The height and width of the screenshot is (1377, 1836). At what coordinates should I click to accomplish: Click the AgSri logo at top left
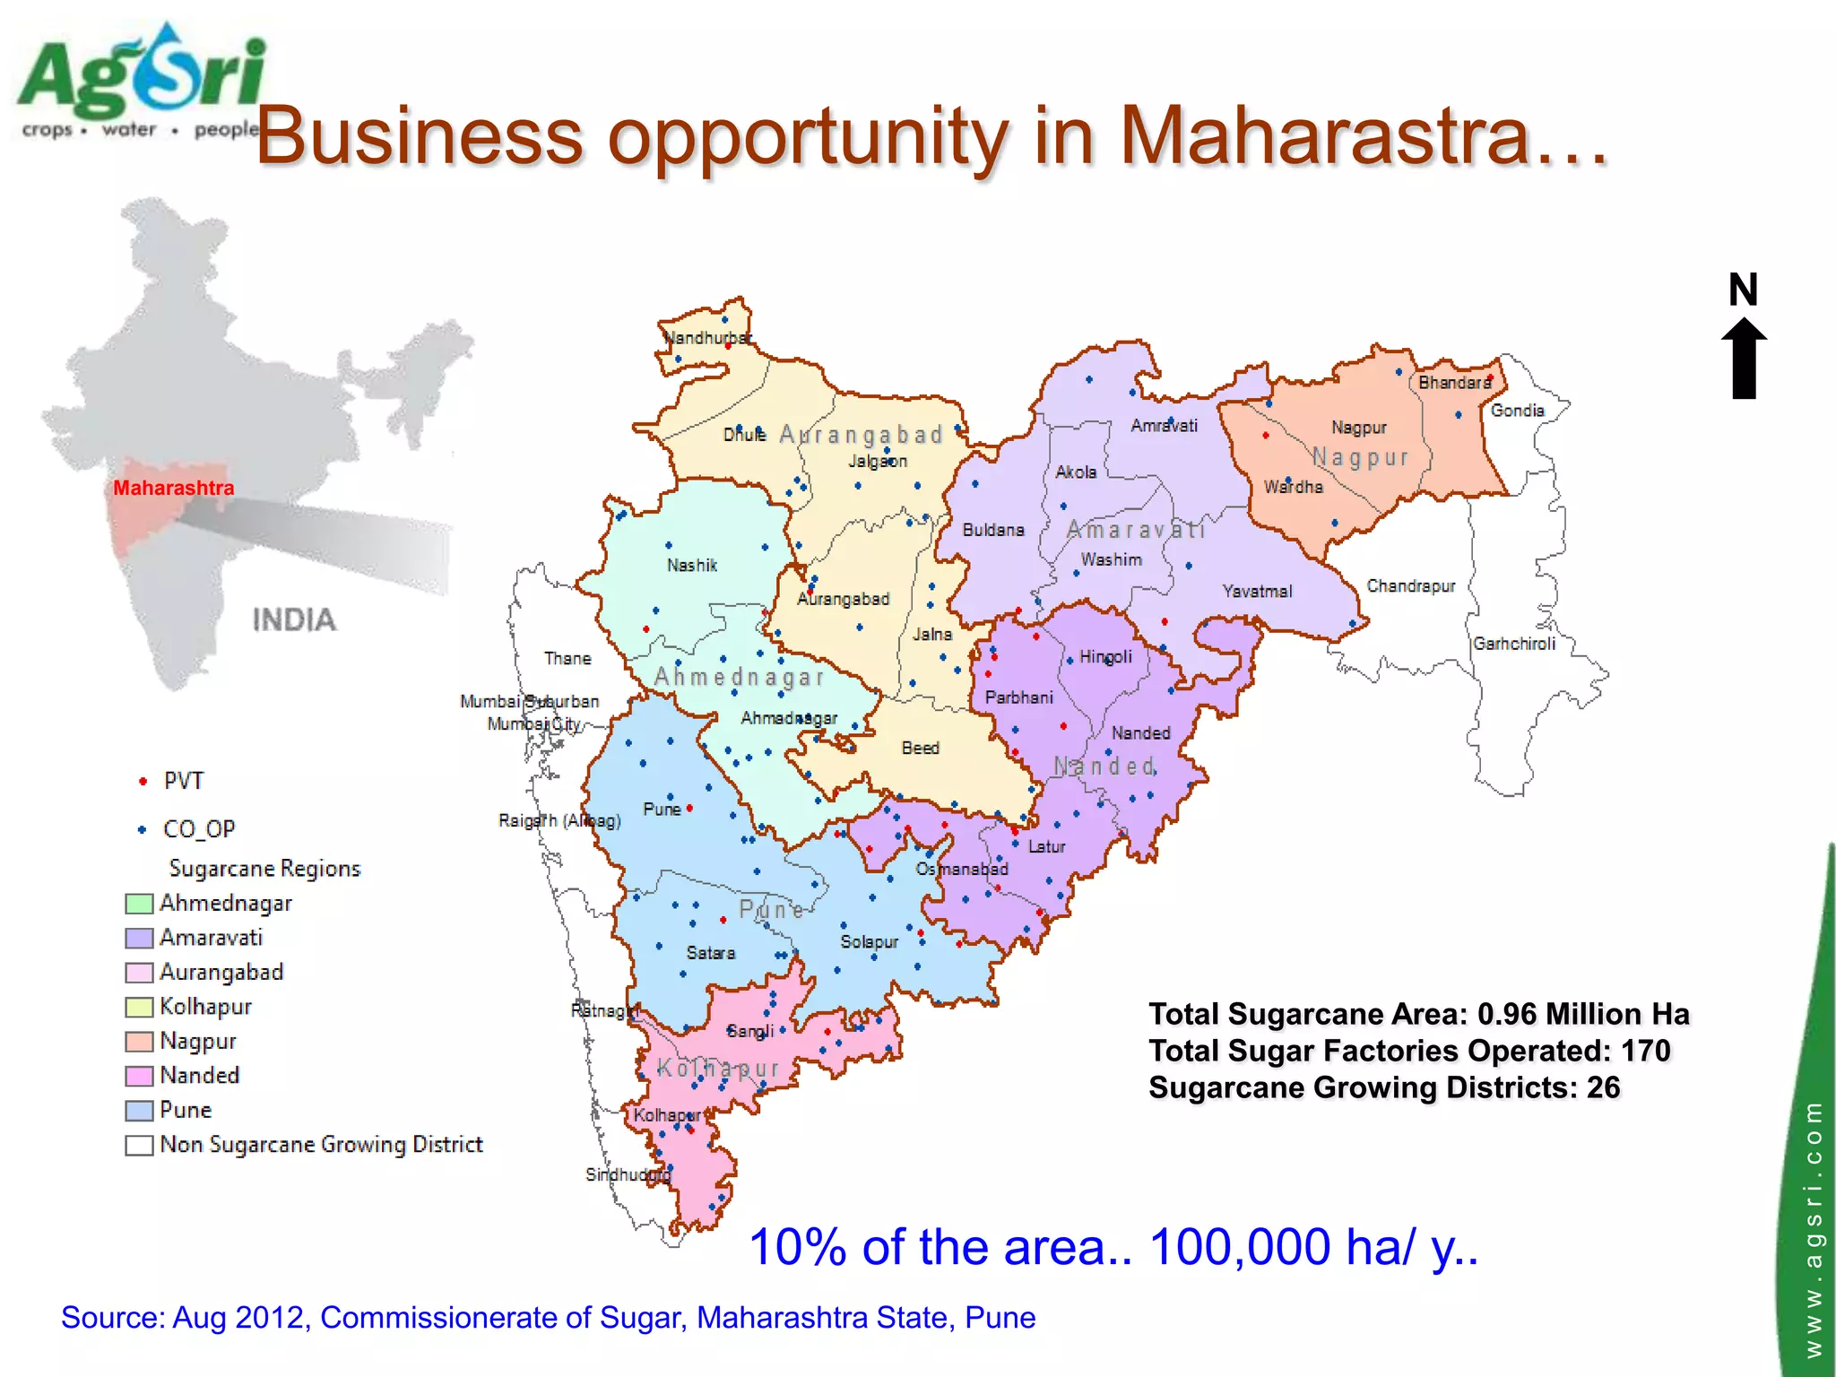tap(142, 81)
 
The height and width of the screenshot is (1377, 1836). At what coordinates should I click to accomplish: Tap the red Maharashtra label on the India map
tap(173, 489)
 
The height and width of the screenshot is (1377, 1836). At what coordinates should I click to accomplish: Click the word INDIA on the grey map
tap(294, 620)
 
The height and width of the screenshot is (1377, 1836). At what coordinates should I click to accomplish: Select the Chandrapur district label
tap(1410, 586)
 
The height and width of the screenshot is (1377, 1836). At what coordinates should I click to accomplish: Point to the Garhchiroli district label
tap(1514, 644)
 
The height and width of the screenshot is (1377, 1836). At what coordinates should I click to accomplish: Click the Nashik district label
tap(692, 566)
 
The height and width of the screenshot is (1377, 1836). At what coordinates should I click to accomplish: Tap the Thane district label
tap(567, 659)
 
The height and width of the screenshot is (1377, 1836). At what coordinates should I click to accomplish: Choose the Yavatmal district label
tap(1257, 592)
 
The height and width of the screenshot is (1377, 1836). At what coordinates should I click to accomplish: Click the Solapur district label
tap(869, 942)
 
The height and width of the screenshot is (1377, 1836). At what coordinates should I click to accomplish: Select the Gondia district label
tap(1517, 411)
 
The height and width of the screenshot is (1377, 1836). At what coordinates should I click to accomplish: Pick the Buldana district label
tap(992, 530)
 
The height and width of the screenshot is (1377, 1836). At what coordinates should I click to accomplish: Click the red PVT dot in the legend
tap(143, 782)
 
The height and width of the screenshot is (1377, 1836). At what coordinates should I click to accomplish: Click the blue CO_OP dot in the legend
tap(142, 829)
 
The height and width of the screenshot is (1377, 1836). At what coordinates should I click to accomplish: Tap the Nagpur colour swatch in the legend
tap(139, 1042)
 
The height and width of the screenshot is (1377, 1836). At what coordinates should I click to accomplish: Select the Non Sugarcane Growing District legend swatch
tap(139, 1146)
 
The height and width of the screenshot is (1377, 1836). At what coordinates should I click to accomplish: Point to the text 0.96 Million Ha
tap(1583, 1014)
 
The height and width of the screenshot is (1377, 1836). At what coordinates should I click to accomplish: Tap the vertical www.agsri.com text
tap(1813, 1228)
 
